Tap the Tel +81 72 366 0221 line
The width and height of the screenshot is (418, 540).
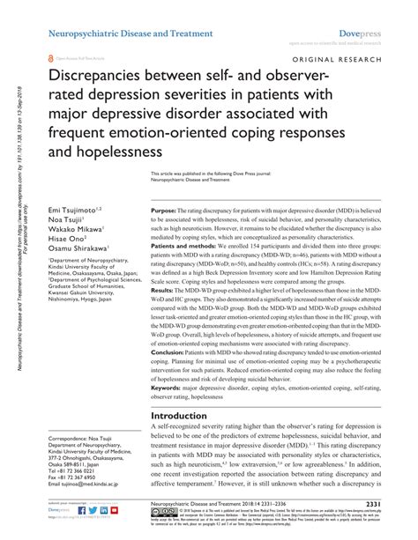point(73,497)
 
